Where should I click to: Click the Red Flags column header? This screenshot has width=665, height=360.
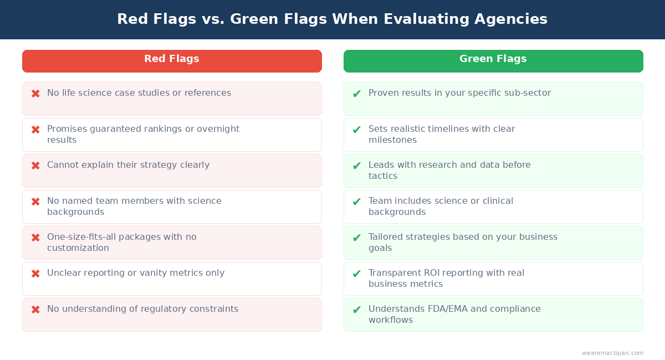point(172,59)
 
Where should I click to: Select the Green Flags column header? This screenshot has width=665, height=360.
point(493,59)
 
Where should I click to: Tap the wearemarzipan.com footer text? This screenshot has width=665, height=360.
point(612,353)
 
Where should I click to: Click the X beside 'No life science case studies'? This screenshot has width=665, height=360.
point(35,94)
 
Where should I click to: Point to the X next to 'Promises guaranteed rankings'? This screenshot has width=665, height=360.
point(35,130)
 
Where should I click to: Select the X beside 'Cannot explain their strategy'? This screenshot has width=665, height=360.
point(35,166)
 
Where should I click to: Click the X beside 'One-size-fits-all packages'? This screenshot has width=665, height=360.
point(35,238)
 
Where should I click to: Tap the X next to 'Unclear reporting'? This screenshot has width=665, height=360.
point(35,274)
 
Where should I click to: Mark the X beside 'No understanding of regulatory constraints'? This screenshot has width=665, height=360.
point(35,310)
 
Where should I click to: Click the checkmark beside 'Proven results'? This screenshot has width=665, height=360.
point(357,94)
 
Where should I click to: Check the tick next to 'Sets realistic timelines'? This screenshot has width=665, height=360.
point(357,130)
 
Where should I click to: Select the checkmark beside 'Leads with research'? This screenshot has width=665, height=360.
point(357,166)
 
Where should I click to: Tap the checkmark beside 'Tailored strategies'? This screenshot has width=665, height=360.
point(357,238)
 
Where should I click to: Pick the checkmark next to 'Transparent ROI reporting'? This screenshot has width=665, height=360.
point(357,274)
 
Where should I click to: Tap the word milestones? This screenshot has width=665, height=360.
point(392,140)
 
